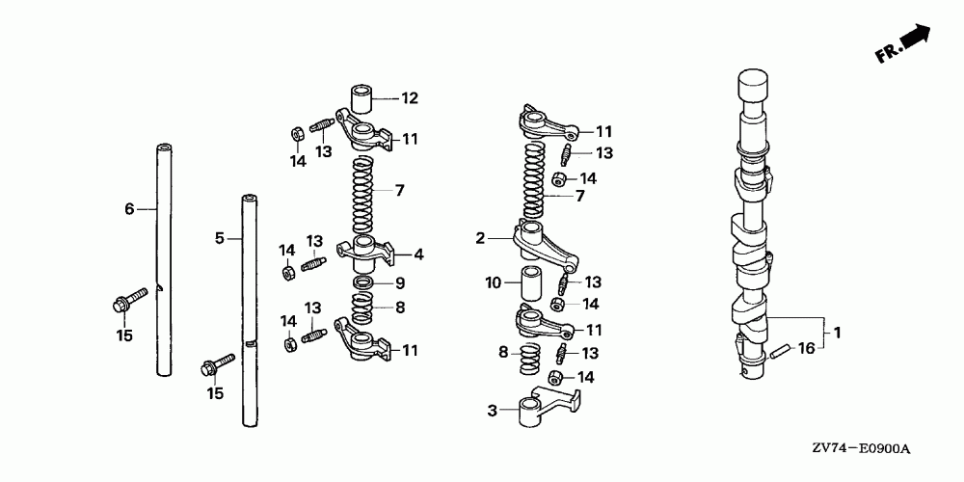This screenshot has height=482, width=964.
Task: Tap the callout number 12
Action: [410, 97]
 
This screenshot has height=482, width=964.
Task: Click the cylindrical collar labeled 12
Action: [362, 98]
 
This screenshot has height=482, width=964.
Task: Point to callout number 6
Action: [129, 209]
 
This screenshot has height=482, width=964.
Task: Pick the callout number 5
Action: [220, 238]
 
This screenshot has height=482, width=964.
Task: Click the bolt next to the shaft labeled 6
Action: [130, 299]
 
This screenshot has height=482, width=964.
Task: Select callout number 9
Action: [400, 283]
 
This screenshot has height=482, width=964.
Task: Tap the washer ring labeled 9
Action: [364, 283]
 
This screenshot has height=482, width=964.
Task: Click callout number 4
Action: [418, 254]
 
